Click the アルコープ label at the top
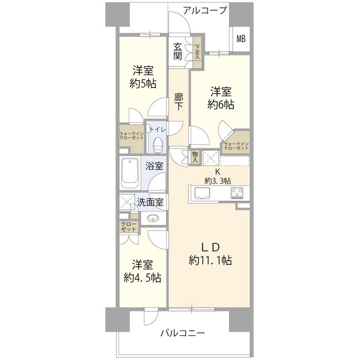coord(204,10)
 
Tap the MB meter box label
coord(241,39)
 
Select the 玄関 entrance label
coord(178,52)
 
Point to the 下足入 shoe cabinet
coord(197,53)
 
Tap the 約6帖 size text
coord(223,103)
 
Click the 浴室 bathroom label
coord(155,166)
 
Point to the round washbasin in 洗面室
coord(152,218)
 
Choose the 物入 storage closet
coord(195,157)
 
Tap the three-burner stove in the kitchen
coord(236,194)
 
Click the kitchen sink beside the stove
coord(202,194)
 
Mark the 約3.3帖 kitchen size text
coord(217,181)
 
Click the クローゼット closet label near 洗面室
coord(127,227)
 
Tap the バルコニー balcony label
coord(182,332)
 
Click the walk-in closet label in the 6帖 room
coord(236,146)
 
